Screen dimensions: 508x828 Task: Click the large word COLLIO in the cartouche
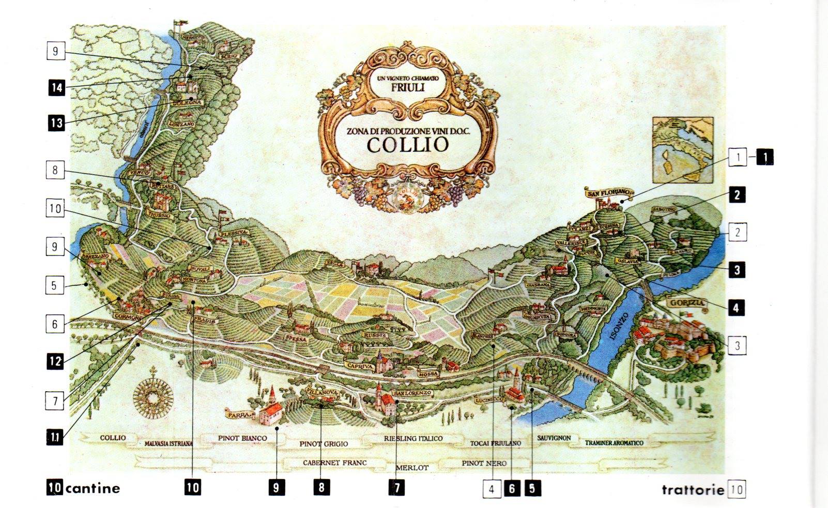[x=407, y=145]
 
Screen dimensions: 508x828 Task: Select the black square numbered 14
[x=56, y=87]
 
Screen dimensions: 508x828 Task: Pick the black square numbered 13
[x=56, y=122]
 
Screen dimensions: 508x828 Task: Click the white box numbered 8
[x=55, y=170]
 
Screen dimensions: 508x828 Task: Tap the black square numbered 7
[x=397, y=487]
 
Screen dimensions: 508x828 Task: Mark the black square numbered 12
[x=55, y=361]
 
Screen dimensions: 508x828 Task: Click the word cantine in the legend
[x=93, y=488]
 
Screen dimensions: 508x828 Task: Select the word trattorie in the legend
[x=693, y=489]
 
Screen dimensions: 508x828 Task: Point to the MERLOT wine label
[x=411, y=468]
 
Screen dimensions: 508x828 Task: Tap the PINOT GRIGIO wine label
[x=324, y=443]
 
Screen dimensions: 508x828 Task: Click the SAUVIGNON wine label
[x=554, y=438]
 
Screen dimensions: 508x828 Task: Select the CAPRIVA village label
[x=361, y=366]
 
